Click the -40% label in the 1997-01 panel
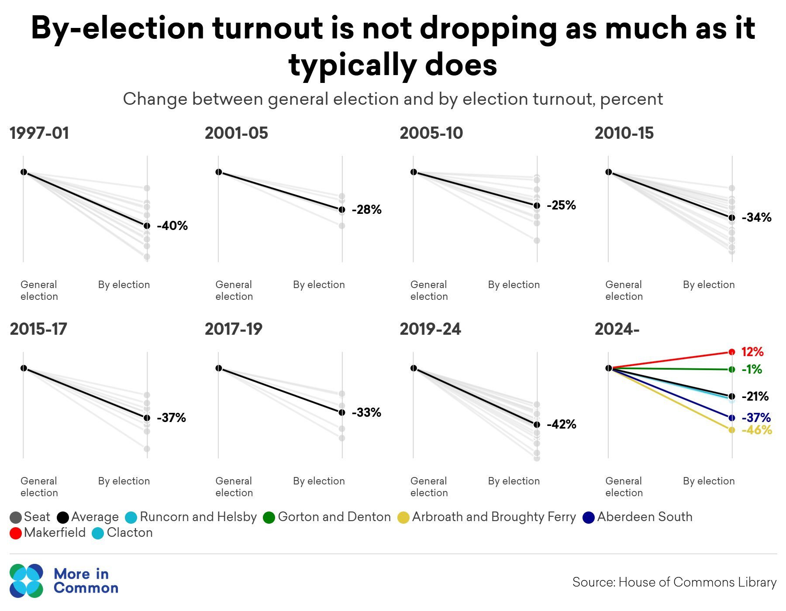[172, 226]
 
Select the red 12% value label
[752, 352]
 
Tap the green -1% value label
[752, 370]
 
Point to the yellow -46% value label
[757, 430]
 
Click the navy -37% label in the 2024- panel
[756, 418]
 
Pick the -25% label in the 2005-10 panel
[561, 205]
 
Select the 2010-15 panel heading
[624, 133]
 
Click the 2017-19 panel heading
[234, 329]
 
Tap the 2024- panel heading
[617, 329]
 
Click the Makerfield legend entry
[48, 533]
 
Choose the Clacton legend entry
[122, 533]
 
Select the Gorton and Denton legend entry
[327, 517]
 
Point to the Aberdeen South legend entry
[638, 517]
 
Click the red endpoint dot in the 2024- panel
[732, 352]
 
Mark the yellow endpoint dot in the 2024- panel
[732, 430]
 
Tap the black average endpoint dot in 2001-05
[342, 209]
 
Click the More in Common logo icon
[27, 580]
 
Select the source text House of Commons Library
[697, 582]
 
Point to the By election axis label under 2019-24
[514, 481]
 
